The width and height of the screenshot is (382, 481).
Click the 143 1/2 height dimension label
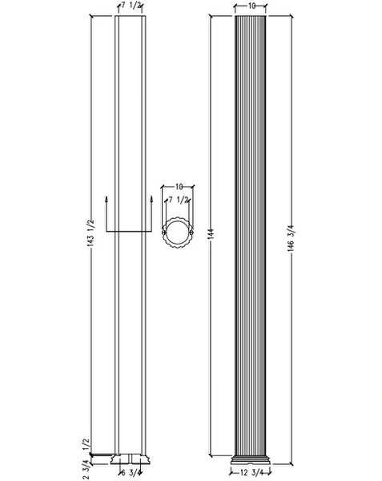click(84, 233)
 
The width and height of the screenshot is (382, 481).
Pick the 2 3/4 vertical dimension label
click(84, 467)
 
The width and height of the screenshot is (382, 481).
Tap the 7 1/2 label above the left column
click(131, 6)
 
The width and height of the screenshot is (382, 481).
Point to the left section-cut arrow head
click(106, 197)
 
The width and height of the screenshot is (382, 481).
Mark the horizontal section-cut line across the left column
click(129, 231)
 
